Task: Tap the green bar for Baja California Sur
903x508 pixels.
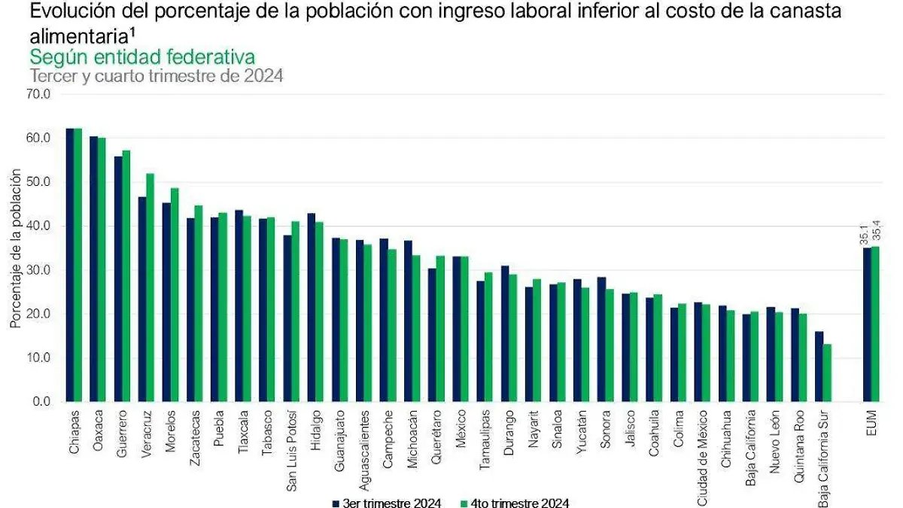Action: [828, 373]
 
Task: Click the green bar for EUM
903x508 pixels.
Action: [874, 324]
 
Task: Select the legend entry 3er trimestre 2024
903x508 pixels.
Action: [385, 503]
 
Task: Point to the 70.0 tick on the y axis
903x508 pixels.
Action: [37, 95]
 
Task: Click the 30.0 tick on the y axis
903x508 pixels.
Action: [37, 270]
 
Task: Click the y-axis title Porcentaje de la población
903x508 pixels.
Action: [15, 248]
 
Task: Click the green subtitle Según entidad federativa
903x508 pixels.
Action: [141, 57]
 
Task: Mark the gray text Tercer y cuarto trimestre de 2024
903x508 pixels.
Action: [156, 76]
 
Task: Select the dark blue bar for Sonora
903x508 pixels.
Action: [600, 339]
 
